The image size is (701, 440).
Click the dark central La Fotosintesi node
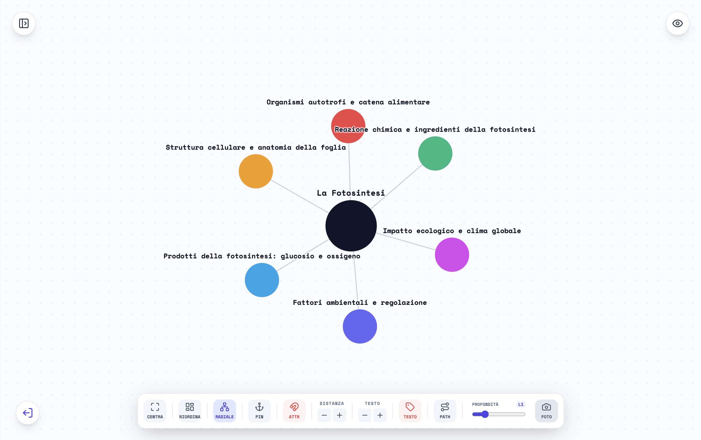(351, 225)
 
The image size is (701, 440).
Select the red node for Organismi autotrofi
(348, 126)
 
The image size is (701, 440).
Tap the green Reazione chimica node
(435, 153)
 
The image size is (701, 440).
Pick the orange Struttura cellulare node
(256, 171)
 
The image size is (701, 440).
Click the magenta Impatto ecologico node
(452, 255)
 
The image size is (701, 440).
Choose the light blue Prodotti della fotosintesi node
(262, 280)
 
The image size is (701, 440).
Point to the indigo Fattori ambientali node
(360, 326)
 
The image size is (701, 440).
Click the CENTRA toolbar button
(155, 411)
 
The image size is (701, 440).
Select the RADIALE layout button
(224, 411)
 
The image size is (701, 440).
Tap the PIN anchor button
(259, 411)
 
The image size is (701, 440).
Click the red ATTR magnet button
(294, 411)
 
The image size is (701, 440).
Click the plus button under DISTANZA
(340, 415)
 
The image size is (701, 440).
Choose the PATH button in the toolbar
(445, 411)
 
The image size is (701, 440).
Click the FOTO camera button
(546, 411)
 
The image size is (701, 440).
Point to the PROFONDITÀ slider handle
(485, 414)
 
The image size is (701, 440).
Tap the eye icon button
(677, 23)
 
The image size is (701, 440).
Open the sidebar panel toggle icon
(24, 23)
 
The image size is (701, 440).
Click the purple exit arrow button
(28, 413)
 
